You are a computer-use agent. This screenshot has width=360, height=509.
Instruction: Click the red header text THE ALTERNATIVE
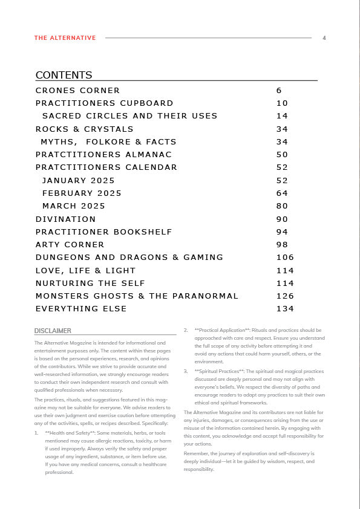(65, 38)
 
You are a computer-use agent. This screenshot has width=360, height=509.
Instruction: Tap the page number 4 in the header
(324, 38)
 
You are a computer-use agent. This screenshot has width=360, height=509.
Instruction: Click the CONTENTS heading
(64, 75)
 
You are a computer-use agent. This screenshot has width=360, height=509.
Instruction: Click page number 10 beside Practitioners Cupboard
(282, 103)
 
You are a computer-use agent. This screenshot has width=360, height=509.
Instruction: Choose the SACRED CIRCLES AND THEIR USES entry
(129, 116)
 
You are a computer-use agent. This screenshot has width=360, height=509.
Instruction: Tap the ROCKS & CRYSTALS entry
(84, 129)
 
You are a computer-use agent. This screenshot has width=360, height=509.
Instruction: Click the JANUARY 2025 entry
(78, 181)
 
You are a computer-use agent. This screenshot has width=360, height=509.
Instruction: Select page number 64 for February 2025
(282, 193)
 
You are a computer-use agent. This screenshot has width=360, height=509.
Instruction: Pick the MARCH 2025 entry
(73, 206)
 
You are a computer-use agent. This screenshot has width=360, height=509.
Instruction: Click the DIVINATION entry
(65, 219)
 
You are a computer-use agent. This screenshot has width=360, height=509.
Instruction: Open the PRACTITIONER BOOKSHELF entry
(103, 232)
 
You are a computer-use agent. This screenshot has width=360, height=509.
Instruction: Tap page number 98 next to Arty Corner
(282, 245)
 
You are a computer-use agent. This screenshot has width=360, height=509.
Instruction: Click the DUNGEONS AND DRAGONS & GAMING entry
(129, 258)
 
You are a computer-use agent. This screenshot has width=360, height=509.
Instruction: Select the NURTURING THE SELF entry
(90, 284)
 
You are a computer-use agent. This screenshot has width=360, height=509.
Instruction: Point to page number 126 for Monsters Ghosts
(285, 296)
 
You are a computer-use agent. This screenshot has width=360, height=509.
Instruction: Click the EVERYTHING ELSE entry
(81, 309)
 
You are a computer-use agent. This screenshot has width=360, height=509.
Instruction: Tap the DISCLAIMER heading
(53, 331)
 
